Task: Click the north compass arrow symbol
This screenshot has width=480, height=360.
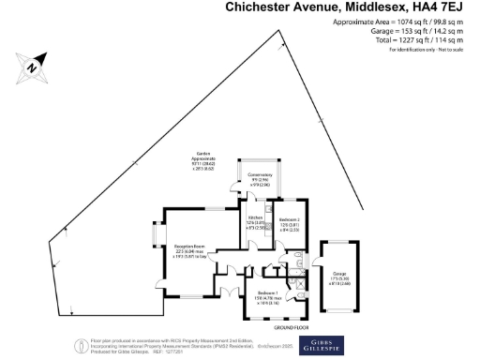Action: coord(31,67)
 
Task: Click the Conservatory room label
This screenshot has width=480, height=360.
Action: coord(261,179)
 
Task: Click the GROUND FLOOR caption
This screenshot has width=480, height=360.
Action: coord(292,327)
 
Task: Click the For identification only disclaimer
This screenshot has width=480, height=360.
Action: coord(427,48)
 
